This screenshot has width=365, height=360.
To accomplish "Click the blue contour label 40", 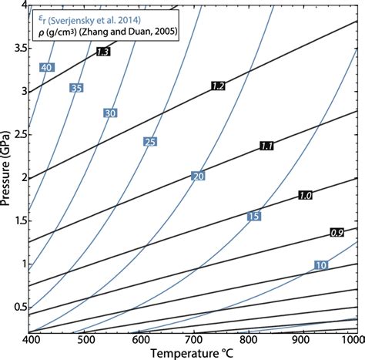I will pyautogui.click(x=46, y=67).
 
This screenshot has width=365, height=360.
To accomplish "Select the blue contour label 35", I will pyautogui.click(x=75, y=88).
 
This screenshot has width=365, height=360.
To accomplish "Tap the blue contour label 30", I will pyautogui.click(x=109, y=113).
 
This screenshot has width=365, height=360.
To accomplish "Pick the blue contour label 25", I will pyautogui.click(x=149, y=141).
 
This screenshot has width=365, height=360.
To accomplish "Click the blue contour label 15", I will pyautogui.click(x=253, y=216).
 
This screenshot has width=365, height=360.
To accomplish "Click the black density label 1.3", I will pyautogui.click(x=103, y=52).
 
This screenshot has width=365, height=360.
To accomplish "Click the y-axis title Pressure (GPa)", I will pyautogui.click(x=8, y=177).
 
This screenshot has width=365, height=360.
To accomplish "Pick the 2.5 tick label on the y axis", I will pyautogui.click(x=18, y=134).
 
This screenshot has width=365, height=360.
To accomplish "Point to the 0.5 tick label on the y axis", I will pyautogui.click(x=18, y=307).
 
